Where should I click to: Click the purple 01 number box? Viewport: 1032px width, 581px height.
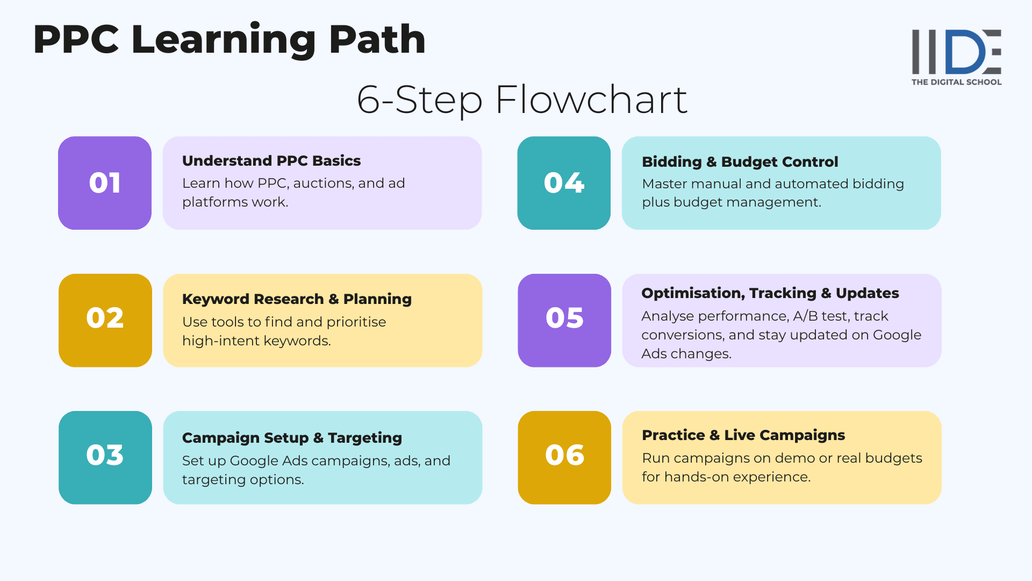[x=105, y=183]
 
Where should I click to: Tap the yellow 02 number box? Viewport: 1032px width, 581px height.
[x=105, y=320]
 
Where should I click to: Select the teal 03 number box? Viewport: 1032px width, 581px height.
[x=105, y=457]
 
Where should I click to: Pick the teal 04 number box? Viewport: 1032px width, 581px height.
[x=564, y=183]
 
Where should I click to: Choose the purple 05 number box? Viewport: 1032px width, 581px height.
[x=564, y=320]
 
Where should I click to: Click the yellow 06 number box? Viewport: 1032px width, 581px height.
[x=564, y=457]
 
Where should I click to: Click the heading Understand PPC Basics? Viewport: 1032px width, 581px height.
[x=271, y=161]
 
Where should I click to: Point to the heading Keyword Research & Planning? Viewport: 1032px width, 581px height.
[x=297, y=299]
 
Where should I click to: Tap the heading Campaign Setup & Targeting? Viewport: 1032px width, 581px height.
[x=292, y=438]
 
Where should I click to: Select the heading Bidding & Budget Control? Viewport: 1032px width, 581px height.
[x=740, y=162]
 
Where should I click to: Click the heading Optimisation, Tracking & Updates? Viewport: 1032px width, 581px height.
[x=770, y=293]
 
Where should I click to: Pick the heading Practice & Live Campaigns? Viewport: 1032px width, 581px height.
[x=743, y=435]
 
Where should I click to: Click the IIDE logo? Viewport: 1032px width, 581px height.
[x=956, y=52]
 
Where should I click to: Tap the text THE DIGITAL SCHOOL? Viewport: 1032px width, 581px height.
[x=956, y=82]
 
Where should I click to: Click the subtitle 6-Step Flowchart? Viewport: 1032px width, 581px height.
[x=522, y=100]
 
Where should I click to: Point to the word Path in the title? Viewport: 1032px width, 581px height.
[x=377, y=40]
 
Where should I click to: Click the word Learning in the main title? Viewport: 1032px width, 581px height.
[x=224, y=40]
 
